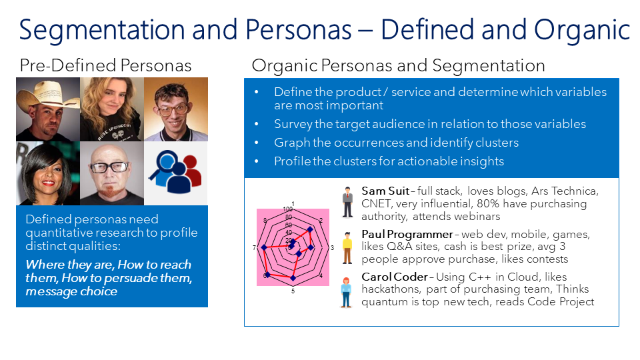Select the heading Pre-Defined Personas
105,65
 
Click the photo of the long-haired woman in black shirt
111,109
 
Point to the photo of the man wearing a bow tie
175,109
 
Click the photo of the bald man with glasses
111,173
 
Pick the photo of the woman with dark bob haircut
47,173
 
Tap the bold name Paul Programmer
407,234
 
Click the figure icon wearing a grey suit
347,203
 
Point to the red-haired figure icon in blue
346,291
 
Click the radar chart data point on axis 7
264,248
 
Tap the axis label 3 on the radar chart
332,248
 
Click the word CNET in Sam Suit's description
377,203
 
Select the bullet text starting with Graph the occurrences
396,143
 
